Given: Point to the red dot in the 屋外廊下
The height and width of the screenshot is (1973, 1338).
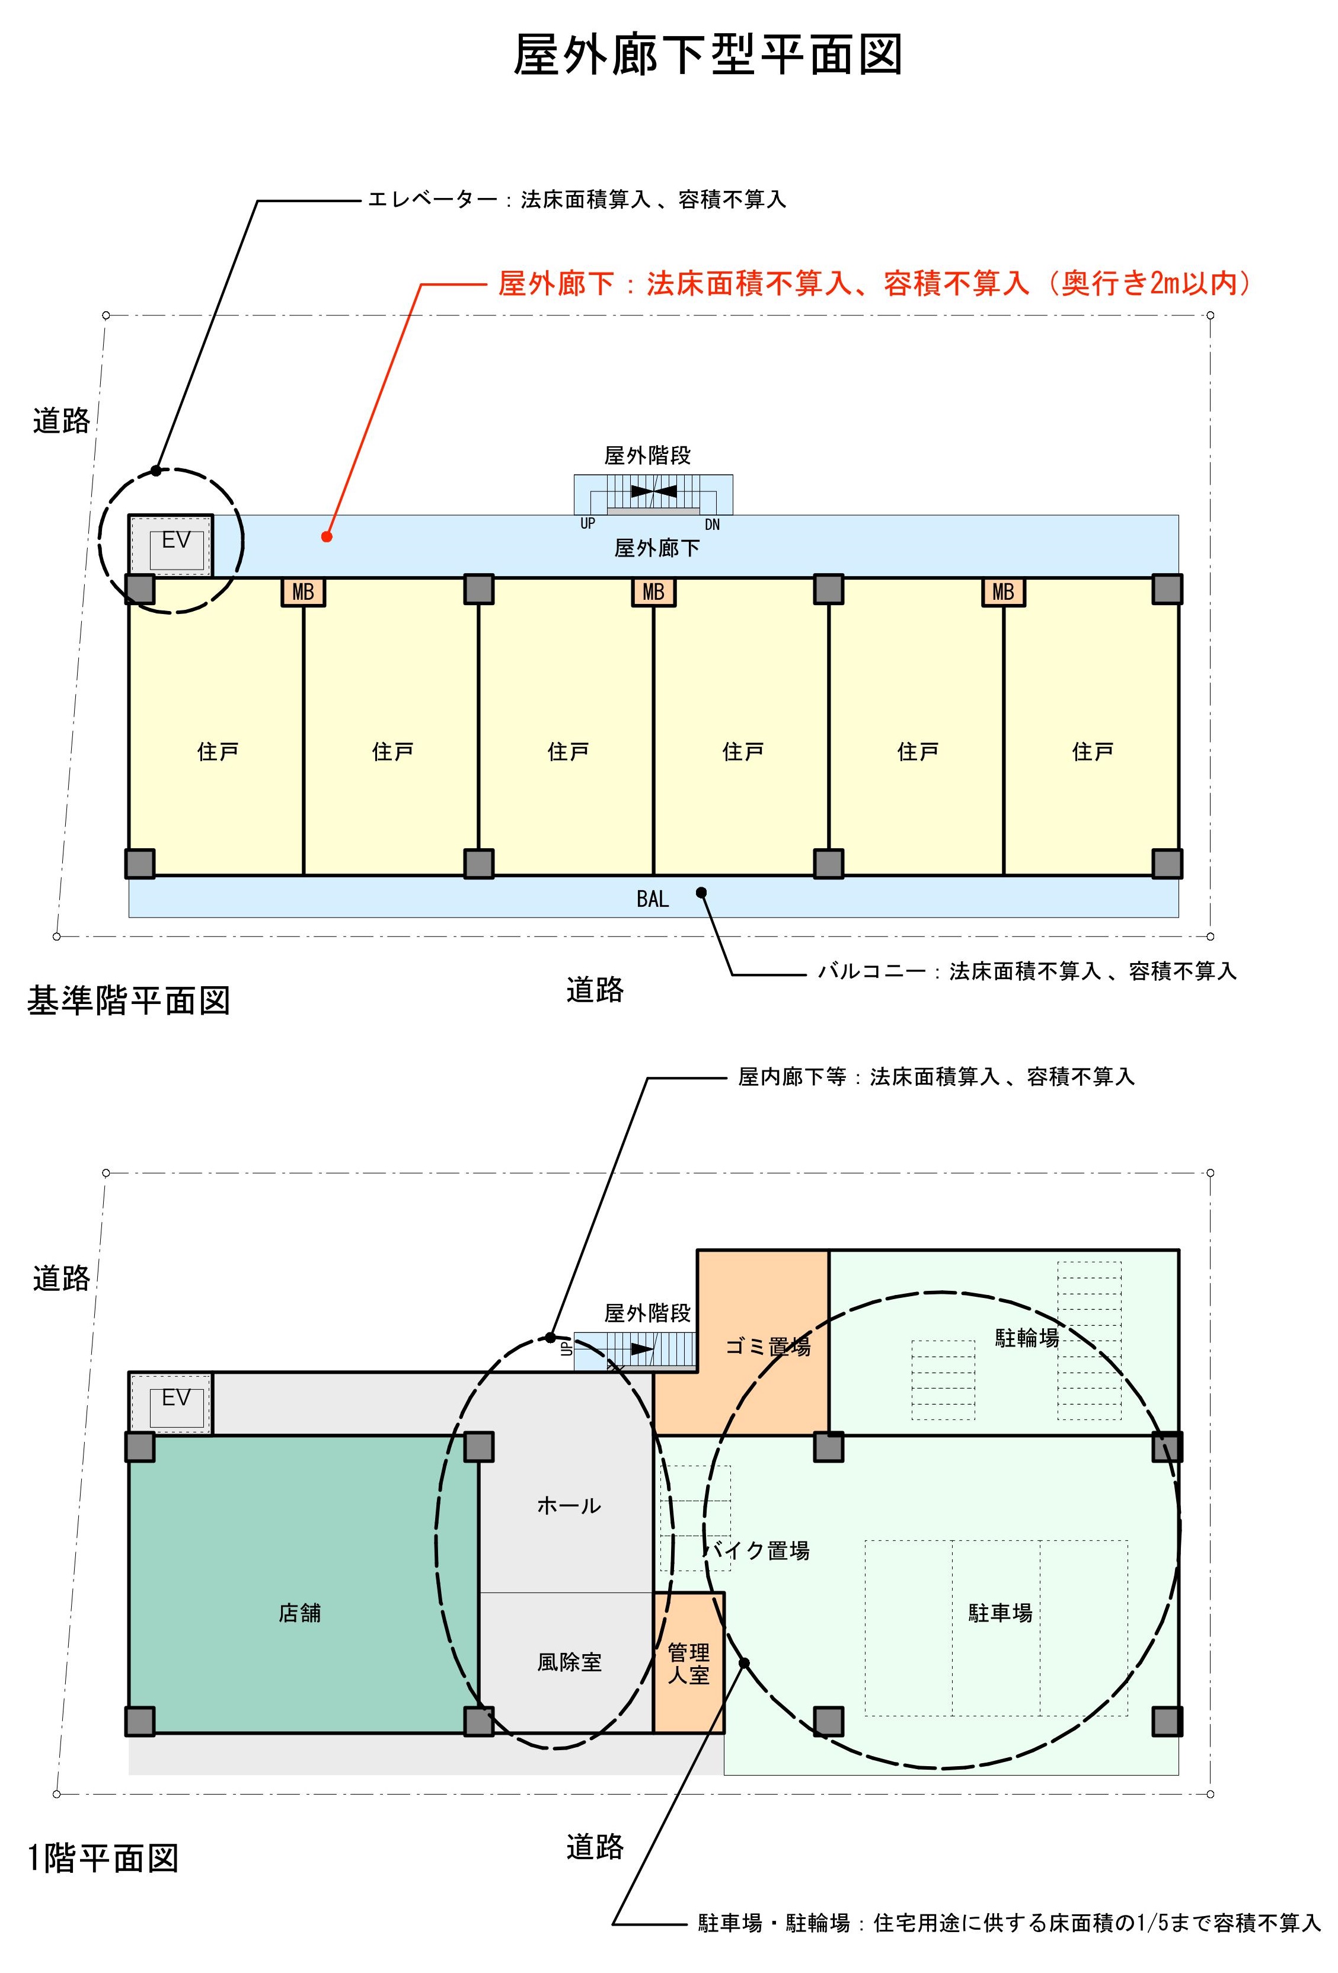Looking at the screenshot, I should [326, 536].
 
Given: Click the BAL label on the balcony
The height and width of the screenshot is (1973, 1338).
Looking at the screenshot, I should [652, 898].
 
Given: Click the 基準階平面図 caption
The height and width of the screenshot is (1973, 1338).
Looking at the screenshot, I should [129, 1000].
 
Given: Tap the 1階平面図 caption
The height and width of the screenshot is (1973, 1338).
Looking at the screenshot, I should [103, 1859].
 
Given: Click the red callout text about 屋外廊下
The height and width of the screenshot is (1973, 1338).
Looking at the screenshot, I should [874, 283].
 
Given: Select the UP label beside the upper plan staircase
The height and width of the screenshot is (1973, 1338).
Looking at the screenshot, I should [587, 524].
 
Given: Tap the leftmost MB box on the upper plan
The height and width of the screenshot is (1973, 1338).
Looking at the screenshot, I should [303, 591].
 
